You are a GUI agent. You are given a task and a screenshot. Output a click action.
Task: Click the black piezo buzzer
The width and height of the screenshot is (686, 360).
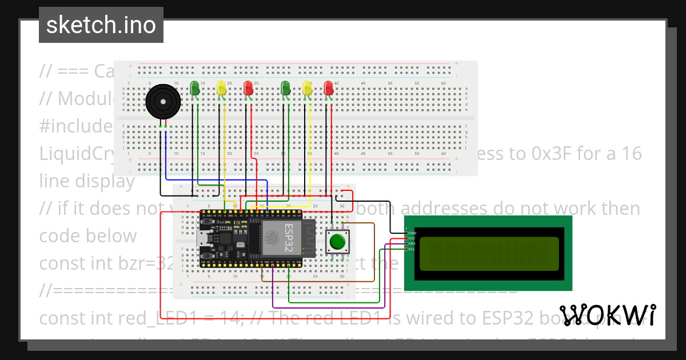pos(163,103)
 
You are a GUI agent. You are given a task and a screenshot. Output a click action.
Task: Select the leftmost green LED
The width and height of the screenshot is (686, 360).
pos(194,88)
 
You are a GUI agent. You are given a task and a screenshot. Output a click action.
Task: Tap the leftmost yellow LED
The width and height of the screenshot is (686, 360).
pos(221,88)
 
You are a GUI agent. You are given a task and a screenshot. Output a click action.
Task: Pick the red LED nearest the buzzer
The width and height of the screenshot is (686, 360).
pos(248,88)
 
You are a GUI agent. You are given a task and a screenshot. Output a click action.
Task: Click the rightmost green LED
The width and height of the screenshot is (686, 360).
pos(285,88)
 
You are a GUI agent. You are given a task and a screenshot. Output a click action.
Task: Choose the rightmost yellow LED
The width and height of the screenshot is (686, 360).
pos(307,88)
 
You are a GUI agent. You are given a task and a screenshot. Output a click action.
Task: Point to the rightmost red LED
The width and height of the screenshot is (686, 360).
pos(328,88)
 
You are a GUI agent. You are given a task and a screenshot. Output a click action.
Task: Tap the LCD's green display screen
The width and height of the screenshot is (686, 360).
pos(489,253)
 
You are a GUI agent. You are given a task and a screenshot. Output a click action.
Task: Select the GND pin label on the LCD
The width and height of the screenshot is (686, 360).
pos(412,233)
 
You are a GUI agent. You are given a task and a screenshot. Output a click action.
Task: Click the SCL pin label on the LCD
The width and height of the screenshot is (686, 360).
pos(412,249)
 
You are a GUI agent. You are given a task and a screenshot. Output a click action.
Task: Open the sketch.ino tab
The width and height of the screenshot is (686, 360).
pos(101,25)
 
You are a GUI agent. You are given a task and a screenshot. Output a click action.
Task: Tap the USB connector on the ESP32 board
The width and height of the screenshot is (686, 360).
pos(203,238)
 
